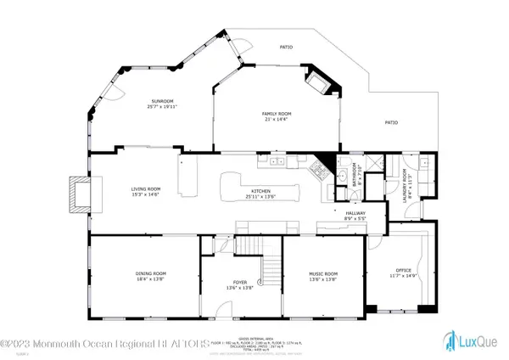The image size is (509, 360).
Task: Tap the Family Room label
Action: tap(254, 114)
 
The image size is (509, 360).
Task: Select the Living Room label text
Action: tap(145, 188)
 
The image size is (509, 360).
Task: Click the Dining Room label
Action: tap(149, 273)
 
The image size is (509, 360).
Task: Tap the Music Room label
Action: tap(322, 273)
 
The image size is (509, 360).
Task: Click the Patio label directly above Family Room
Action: tap(286, 47)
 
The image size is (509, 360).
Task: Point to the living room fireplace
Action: tap(79, 194)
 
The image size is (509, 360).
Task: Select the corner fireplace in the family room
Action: tap(322, 82)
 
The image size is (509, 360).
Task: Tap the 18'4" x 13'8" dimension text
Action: tap(149, 278)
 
